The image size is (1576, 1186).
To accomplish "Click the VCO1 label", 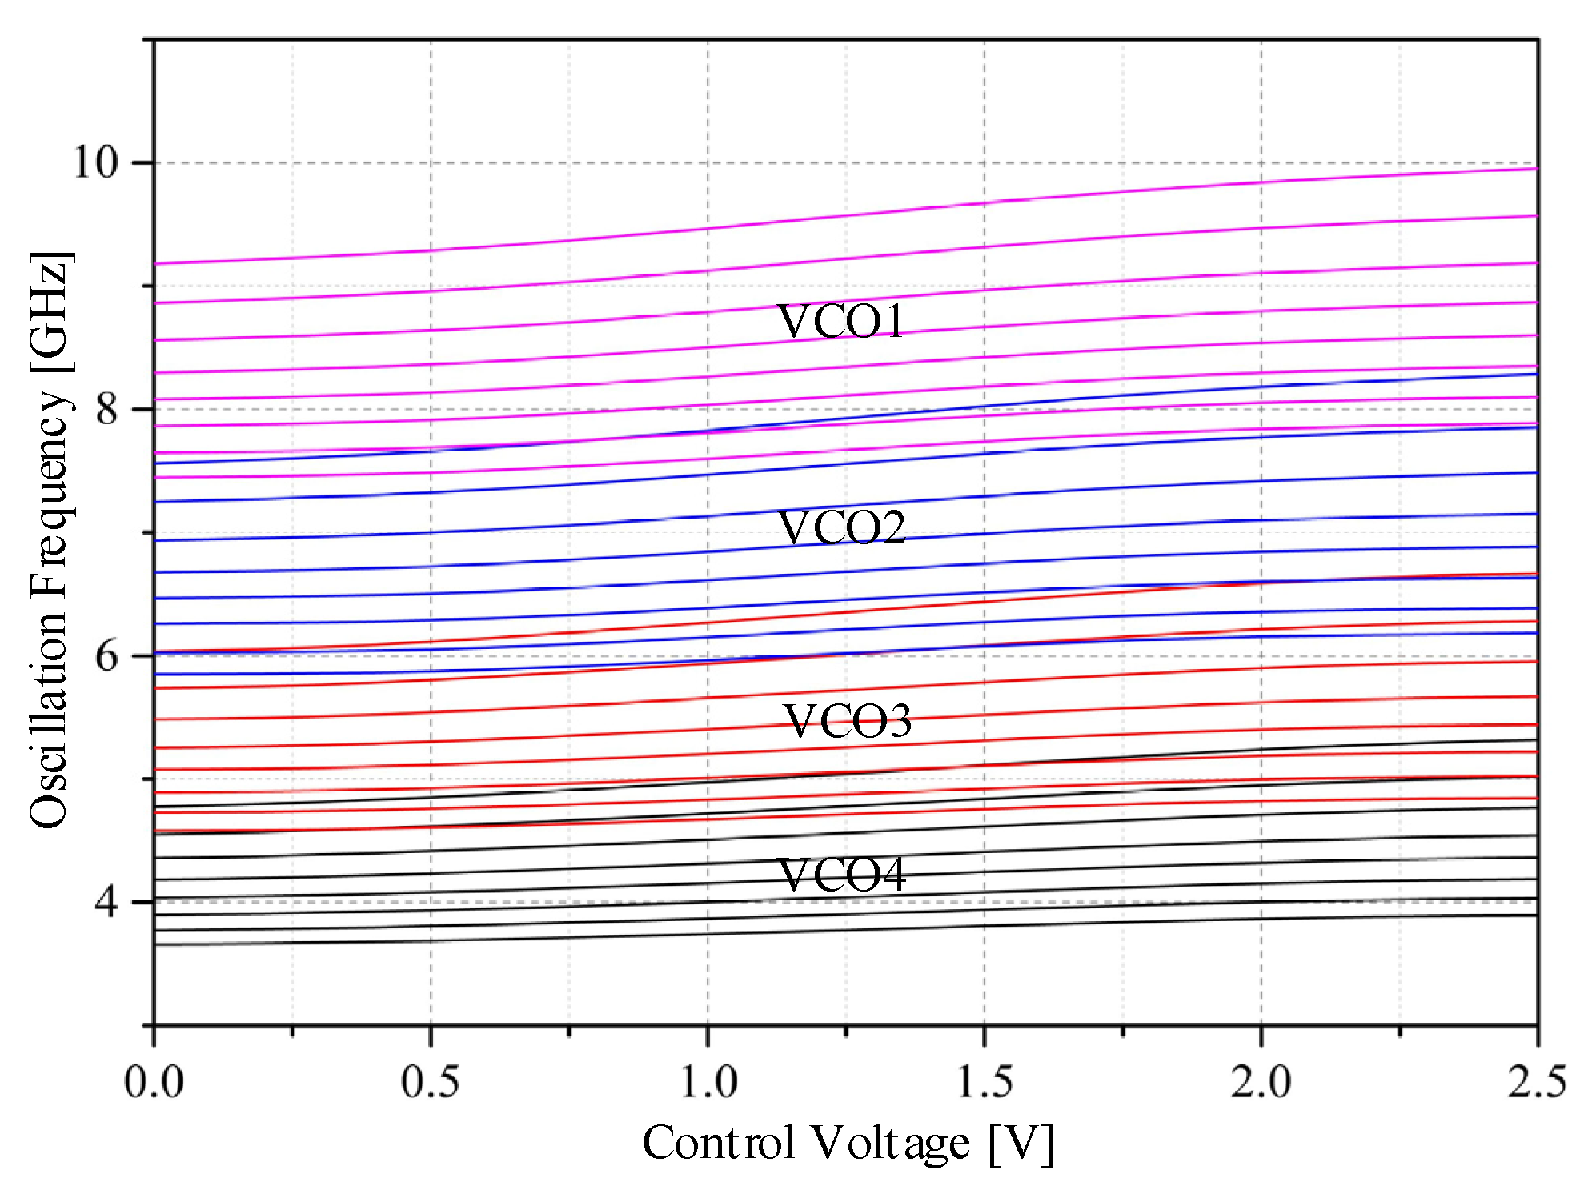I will [840, 322].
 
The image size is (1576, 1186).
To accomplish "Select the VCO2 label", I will [841, 528].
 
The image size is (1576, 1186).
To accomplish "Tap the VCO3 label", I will [847, 721].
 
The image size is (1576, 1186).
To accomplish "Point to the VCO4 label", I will [841, 875].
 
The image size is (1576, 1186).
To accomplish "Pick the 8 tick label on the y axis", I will [106, 409].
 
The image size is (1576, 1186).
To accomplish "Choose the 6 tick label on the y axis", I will [106, 656].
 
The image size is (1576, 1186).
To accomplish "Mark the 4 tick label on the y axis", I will [106, 902].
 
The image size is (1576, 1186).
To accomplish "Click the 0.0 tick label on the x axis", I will [154, 1082].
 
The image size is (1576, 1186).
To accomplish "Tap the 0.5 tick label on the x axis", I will [431, 1082].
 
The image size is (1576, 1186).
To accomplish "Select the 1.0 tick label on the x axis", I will [708, 1082].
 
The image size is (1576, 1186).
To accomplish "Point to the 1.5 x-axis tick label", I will [984, 1082].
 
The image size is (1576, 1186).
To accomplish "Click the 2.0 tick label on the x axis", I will [1261, 1082].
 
